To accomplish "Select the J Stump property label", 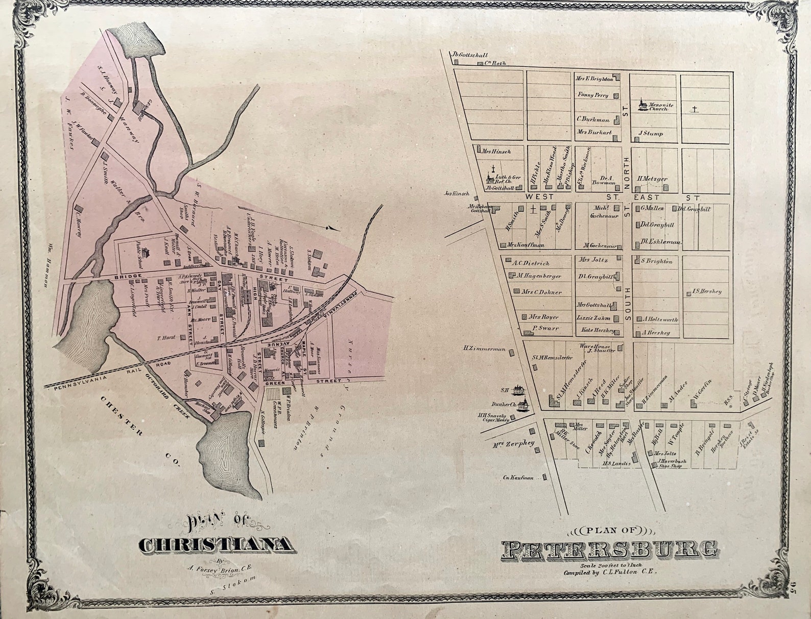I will (x=650, y=134).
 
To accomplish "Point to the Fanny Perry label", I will (x=593, y=95).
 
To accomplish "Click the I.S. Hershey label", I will (x=707, y=291).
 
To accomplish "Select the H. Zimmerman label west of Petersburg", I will (x=485, y=350).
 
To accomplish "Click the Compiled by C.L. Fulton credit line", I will (x=609, y=573).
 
